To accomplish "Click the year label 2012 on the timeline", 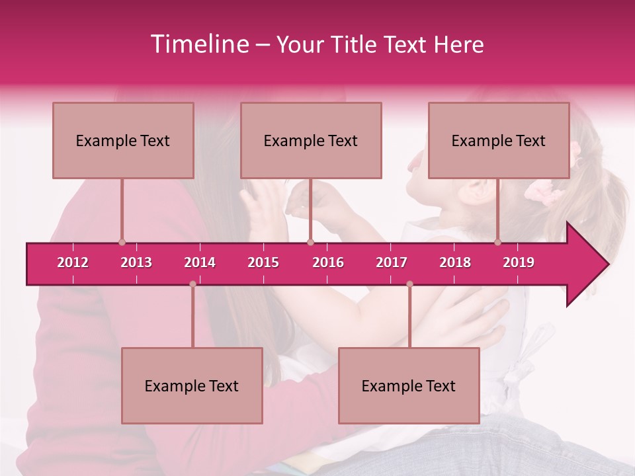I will (x=73, y=262).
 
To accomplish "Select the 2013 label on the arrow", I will (x=136, y=262).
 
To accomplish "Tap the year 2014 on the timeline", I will (x=200, y=262).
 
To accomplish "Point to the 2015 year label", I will (x=263, y=262).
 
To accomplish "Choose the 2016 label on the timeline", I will (x=328, y=262).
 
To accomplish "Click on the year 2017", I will (x=392, y=262).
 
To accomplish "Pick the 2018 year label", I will (x=455, y=262).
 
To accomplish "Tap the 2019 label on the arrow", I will (x=519, y=262).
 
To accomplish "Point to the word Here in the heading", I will (x=459, y=44).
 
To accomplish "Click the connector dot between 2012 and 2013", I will (x=122, y=242).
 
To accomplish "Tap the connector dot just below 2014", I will (x=192, y=284).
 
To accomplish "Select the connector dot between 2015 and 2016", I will (x=310, y=242).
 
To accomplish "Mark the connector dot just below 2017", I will (x=409, y=284).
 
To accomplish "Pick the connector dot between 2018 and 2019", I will (x=498, y=242).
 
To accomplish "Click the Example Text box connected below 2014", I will (x=192, y=385).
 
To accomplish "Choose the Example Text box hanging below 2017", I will (x=409, y=385).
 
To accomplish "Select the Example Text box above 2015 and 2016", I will (x=311, y=140).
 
